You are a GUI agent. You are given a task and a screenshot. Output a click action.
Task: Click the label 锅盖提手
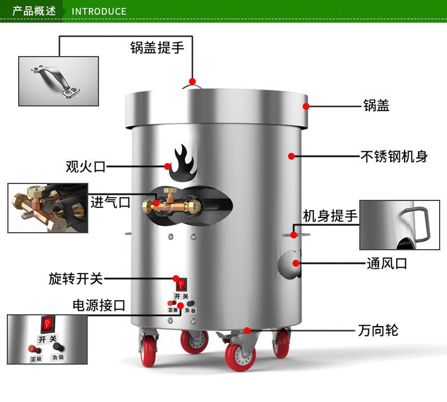coord(157,48)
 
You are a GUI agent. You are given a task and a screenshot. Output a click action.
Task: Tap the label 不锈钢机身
coord(394,156)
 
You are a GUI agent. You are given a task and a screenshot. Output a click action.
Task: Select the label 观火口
coord(85,166)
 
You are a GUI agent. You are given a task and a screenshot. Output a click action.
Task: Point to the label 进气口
coord(110,202)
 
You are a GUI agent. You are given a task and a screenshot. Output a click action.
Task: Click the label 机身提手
coord(330,216)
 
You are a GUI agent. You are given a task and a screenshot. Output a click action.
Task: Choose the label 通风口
coord(387,263)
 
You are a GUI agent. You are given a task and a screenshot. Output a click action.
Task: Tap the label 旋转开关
coord(76,279)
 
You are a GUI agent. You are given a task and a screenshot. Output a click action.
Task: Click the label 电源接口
coord(99,305)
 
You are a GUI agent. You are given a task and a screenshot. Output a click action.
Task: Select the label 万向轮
coord(378,331)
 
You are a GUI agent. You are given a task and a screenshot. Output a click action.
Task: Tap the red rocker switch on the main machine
coord(181,284)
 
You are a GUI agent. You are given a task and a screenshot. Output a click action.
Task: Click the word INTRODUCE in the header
coord(99,11)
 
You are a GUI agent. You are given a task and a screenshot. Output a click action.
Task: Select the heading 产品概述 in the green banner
coord(34,11)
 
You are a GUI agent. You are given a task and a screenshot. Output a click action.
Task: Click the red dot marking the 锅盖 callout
coord(306,106)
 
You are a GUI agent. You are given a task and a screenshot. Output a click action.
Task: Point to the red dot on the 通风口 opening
coord(296,263)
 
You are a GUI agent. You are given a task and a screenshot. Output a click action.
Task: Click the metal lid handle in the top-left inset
coord(55,81)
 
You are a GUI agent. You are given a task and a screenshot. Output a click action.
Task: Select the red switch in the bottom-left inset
coord(48,324)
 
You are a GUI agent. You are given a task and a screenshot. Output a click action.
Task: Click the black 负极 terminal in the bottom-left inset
coord(58,347)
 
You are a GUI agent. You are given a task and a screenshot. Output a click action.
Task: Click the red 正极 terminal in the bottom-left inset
coord(35,349)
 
